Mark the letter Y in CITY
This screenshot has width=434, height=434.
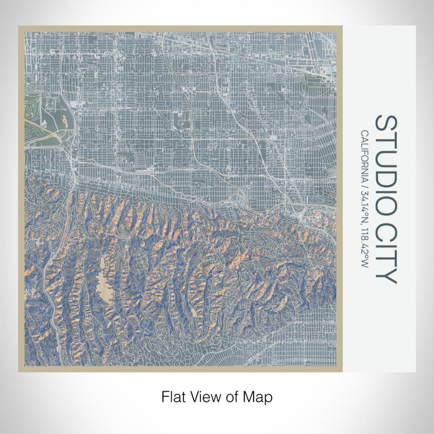[x=386, y=275]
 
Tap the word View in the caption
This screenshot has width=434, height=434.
[x=202, y=396]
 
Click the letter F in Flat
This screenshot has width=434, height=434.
[x=165, y=396]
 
